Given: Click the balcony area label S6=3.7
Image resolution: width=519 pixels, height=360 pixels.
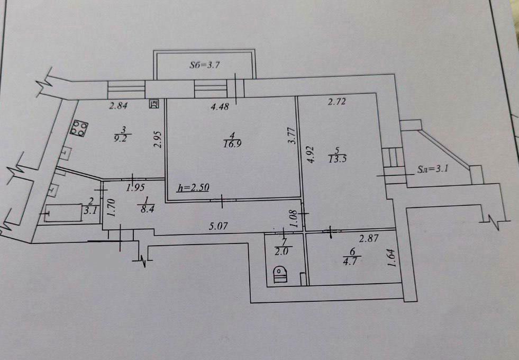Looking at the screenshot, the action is click(x=205, y=65).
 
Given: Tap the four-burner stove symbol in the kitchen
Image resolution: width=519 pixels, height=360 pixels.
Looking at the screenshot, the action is click(x=79, y=128).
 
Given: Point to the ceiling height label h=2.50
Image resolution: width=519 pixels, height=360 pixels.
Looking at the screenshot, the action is click(x=193, y=188).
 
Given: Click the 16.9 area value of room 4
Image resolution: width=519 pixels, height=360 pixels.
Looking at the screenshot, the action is click(x=232, y=144).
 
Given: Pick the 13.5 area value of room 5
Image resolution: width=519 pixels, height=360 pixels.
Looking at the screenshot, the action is click(x=338, y=159).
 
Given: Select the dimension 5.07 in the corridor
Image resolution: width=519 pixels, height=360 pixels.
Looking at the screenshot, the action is click(x=218, y=226).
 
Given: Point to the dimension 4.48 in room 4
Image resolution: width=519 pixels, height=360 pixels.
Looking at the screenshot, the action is click(x=220, y=106).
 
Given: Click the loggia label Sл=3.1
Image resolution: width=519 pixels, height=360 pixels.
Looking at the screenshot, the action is click(x=432, y=169).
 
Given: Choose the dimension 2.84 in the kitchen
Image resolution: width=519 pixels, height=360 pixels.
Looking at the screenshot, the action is click(x=119, y=106).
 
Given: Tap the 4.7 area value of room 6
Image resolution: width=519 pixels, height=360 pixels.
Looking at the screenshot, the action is click(x=350, y=262).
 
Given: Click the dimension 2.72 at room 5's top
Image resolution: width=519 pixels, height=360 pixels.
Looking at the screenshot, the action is click(x=336, y=102).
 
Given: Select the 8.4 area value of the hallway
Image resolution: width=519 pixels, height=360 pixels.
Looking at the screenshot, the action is click(x=147, y=209).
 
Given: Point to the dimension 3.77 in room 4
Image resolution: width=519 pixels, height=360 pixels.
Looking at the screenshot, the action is click(x=292, y=136).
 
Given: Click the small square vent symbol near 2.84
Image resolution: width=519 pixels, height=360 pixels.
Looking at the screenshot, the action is click(x=154, y=104).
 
